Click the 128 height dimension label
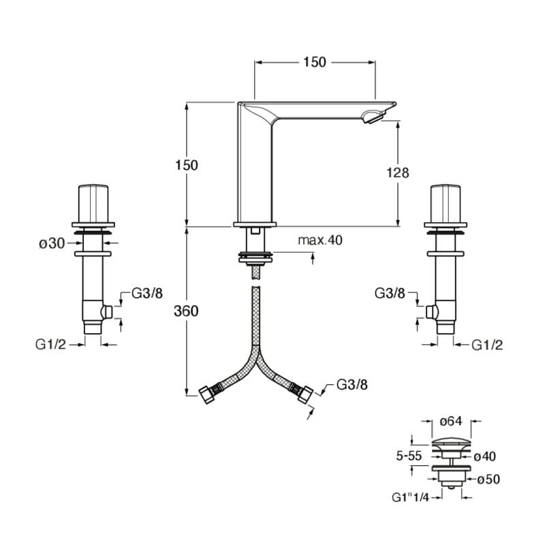tap(398, 172)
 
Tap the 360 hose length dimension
tap(186, 311)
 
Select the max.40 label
tap(320, 240)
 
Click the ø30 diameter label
tap(52, 244)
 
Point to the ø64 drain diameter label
tap(451, 421)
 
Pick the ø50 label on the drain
tap(488, 480)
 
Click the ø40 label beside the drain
tap(484, 456)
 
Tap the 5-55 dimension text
tap(409, 456)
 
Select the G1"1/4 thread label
tap(410, 497)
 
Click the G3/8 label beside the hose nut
tap(352, 385)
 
